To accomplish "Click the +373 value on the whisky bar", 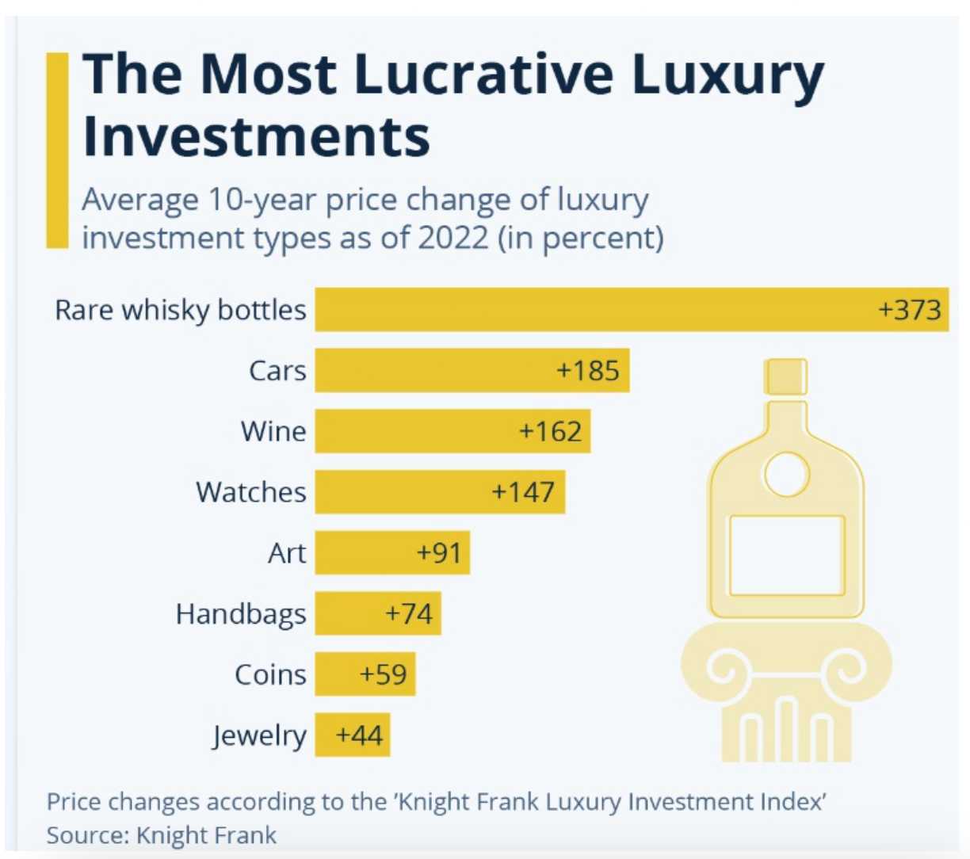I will click(x=910, y=309).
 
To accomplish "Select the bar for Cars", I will click(x=472, y=370).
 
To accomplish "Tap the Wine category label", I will click(x=273, y=431).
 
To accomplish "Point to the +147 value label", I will click(x=523, y=492).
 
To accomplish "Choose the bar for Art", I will click(x=392, y=552).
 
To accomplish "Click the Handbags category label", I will click(x=241, y=613).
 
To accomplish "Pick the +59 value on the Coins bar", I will click(x=383, y=674).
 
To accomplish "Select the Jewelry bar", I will click(x=352, y=735).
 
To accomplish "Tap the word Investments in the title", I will click(x=256, y=136).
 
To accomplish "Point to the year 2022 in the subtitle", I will click(x=453, y=238).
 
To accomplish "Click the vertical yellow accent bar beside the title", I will click(x=58, y=151).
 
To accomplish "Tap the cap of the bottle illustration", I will click(x=785, y=376).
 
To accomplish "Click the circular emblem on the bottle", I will click(x=786, y=475).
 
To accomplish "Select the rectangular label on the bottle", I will click(x=786, y=555).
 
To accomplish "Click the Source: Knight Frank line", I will click(x=162, y=834).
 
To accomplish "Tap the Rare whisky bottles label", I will click(x=180, y=309).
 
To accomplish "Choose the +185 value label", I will click(x=588, y=370).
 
